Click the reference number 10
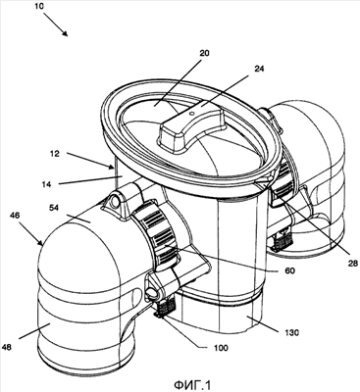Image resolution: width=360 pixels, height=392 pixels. click(40, 6)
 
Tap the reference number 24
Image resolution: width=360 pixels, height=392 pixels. click(259, 69)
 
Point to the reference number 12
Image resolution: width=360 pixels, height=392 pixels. click(55, 153)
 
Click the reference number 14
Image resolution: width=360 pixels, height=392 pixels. click(46, 184)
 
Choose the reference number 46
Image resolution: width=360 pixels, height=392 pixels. click(15, 216)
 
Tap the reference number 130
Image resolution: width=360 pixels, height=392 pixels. click(291, 333)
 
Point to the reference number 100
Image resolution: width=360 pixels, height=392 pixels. click(221, 348)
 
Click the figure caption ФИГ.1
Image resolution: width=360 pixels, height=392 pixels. click(192, 384)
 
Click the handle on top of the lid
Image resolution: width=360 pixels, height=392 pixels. click(191, 129)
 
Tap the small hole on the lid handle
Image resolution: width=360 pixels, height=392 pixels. click(192, 114)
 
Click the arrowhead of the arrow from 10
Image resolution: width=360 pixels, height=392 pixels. click(65, 33)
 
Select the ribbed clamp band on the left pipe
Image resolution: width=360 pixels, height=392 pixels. click(157, 240)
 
